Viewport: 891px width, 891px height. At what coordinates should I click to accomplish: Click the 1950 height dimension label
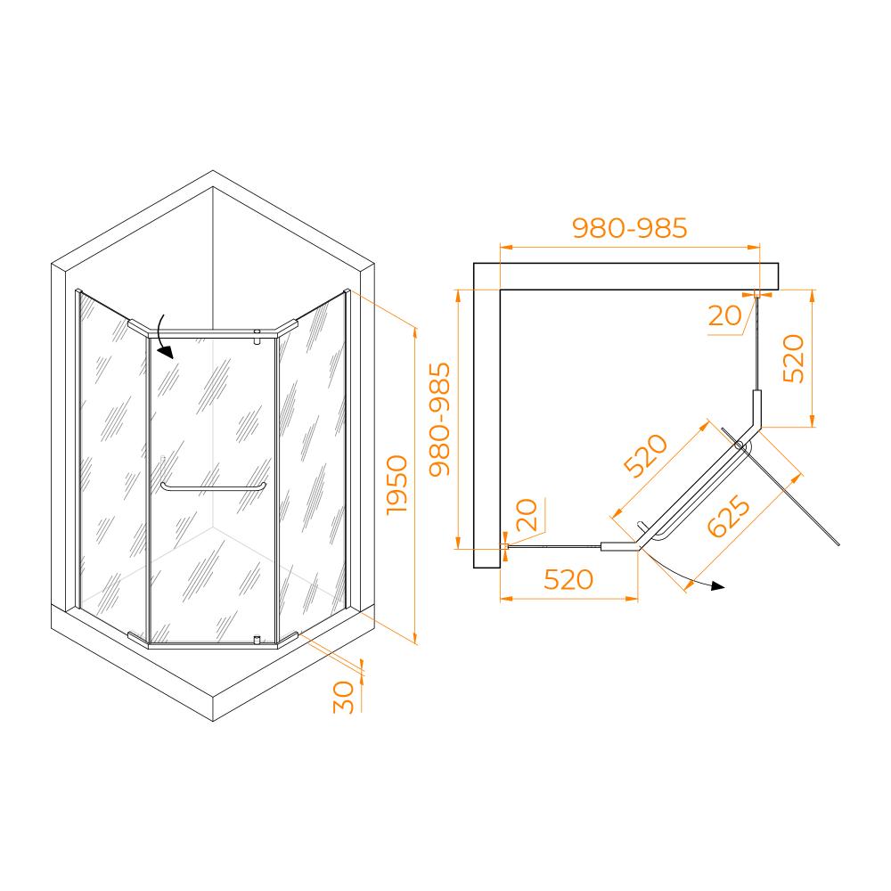coord(397,485)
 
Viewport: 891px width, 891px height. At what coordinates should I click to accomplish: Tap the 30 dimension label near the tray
coord(344,698)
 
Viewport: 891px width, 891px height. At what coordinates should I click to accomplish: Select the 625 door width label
coord(729,517)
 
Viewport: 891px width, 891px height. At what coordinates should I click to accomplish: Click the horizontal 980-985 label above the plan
coord(630,228)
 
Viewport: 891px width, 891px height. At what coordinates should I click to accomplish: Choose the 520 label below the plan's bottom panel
coord(568,580)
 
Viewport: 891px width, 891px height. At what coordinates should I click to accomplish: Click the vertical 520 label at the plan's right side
coord(794,358)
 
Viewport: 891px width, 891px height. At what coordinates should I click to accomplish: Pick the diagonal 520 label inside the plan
coord(645,455)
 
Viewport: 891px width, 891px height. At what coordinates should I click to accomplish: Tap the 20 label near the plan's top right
coord(725,315)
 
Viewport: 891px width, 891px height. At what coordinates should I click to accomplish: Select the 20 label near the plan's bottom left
coord(527,515)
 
